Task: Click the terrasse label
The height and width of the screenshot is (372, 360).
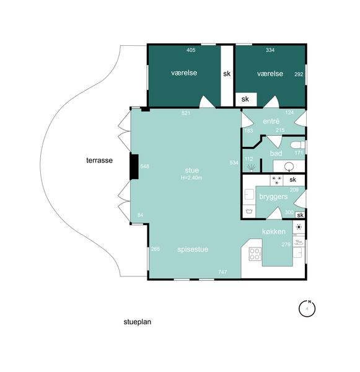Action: pyautogui.click(x=99, y=161)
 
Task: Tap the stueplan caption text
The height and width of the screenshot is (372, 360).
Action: pyautogui.click(x=138, y=322)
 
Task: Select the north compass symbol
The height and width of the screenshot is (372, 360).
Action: pyautogui.click(x=307, y=308)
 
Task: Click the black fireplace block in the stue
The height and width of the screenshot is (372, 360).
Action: pyautogui.click(x=134, y=167)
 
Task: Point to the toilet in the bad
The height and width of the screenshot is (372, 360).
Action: pyautogui.click(x=297, y=145)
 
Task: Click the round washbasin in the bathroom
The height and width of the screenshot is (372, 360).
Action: pyautogui.click(x=289, y=167)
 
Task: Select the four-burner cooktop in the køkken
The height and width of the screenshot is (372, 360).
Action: pyautogui.click(x=255, y=254)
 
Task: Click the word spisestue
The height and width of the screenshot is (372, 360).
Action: pyautogui.click(x=193, y=249)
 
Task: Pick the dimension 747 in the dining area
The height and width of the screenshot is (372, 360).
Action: pyautogui.click(x=222, y=272)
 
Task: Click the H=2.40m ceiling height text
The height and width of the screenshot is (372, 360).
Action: pyautogui.click(x=191, y=177)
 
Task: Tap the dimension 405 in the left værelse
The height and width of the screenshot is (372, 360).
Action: pyautogui.click(x=191, y=50)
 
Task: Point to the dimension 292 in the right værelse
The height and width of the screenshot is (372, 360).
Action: pyautogui.click(x=299, y=74)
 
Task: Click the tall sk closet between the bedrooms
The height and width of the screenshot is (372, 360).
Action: pyautogui.click(x=227, y=76)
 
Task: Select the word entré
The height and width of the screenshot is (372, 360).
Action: pyautogui.click(x=271, y=122)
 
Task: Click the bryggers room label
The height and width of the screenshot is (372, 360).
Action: pyautogui.click(x=273, y=197)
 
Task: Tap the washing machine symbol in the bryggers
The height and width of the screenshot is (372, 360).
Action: pyautogui.click(x=249, y=211)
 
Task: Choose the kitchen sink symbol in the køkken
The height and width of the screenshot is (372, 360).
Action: pyautogui.click(x=299, y=242)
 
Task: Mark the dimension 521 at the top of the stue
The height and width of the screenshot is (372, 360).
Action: pyautogui.click(x=186, y=113)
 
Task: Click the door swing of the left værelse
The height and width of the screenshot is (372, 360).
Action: pyautogui.click(x=207, y=102)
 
